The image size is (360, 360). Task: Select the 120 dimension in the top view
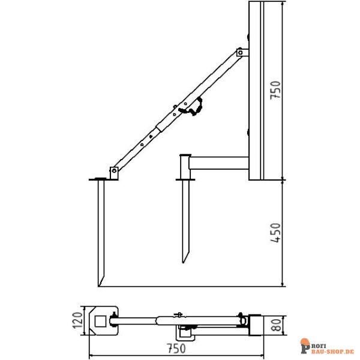pos(76,320)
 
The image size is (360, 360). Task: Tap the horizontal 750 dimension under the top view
pos(176,347)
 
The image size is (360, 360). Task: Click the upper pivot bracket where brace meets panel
pos(241,54)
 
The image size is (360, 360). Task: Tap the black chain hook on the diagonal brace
pos(196,108)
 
